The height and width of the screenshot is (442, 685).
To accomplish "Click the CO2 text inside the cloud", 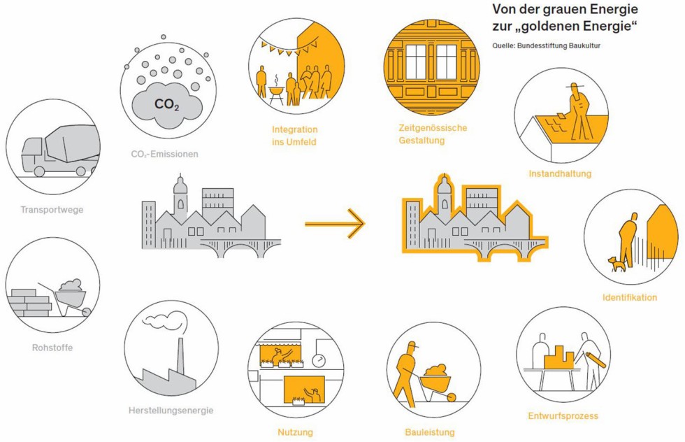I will click(x=166, y=104).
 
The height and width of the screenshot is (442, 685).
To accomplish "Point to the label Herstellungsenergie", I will click(x=171, y=410).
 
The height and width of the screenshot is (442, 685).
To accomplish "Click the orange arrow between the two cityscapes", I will click(x=335, y=224).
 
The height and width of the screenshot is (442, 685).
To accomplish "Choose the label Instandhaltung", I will click(x=560, y=173).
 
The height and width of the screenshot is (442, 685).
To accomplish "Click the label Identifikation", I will click(x=630, y=297).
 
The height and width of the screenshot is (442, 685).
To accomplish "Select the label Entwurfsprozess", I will click(x=563, y=416).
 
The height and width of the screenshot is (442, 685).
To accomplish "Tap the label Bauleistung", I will click(x=429, y=432).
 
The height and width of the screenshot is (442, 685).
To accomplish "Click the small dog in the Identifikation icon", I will click(x=615, y=264).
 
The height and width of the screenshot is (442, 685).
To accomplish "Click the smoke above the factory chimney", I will click(x=166, y=321).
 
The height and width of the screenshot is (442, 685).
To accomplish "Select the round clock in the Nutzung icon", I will click(x=319, y=360).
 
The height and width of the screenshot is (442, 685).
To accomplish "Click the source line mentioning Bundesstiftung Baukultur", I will click(x=546, y=46).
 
